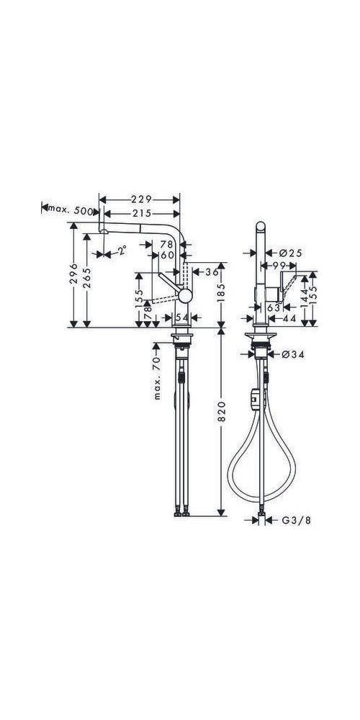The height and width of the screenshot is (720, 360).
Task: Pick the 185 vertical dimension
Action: (222, 292)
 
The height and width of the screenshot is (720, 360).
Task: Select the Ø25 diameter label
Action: (289, 253)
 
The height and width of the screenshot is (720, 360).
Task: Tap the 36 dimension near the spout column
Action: (211, 272)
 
